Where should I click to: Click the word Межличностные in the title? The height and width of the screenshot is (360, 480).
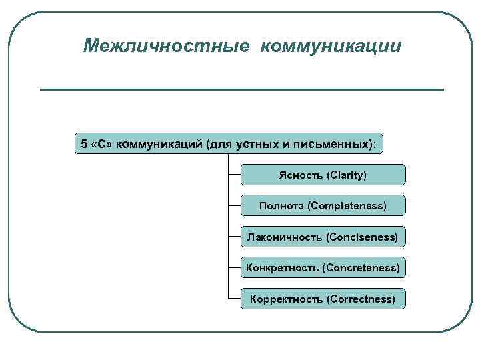(x=167, y=47)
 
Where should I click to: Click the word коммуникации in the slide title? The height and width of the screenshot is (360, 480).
(x=331, y=47)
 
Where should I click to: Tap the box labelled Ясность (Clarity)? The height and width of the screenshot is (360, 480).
(x=323, y=175)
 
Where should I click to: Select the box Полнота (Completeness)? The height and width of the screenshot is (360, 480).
(x=323, y=205)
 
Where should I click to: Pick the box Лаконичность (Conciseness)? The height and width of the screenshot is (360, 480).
(x=323, y=237)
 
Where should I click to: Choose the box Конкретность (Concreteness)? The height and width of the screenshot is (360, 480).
(x=323, y=268)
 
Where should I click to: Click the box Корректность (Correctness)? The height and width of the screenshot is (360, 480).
(x=323, y=299)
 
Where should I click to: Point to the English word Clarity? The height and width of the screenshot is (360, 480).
(x=347, y=175)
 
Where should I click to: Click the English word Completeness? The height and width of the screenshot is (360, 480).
(x=347, y=206)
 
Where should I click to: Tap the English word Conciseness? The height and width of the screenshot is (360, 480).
(x=361, y=237)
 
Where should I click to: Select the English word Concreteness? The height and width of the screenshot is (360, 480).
(x=361, y=268)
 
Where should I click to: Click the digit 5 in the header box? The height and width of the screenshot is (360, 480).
(x=83, y=144)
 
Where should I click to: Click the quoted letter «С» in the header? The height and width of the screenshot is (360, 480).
(x=101, y=144)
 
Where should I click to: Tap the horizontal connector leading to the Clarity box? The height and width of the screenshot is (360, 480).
(x=234, y=175)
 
